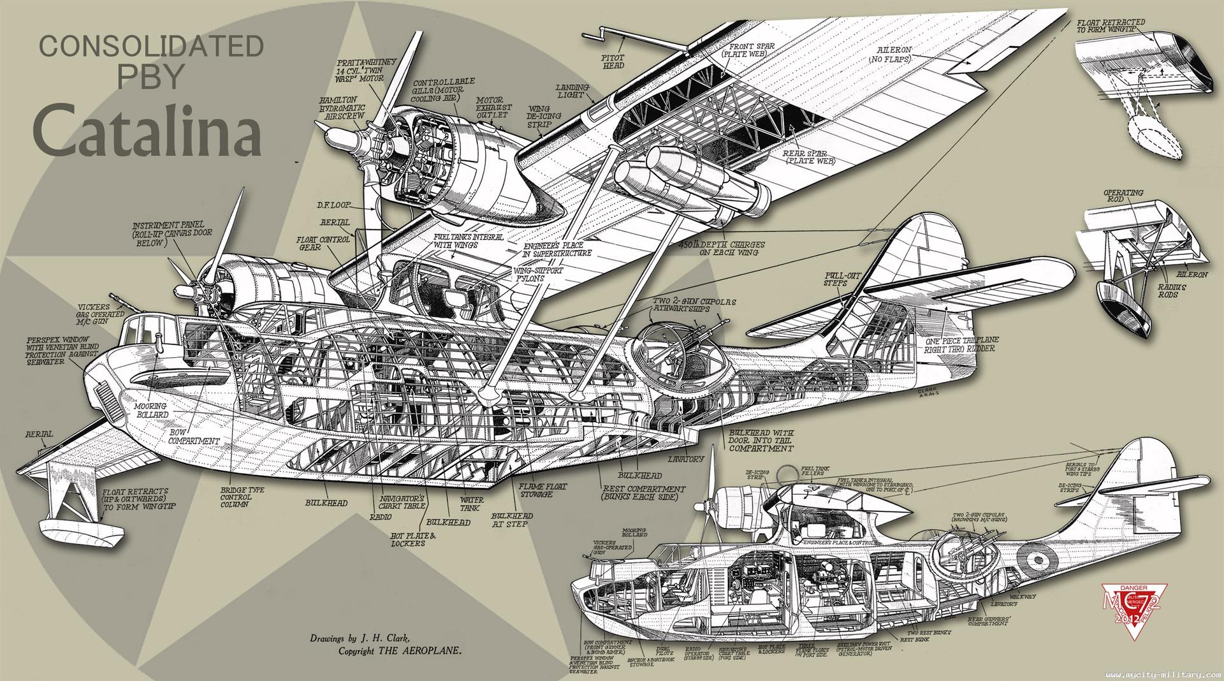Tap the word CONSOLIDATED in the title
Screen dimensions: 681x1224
152,47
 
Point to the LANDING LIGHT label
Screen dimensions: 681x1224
572,91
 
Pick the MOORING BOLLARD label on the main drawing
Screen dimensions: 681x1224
150,410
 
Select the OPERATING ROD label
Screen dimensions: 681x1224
1123,196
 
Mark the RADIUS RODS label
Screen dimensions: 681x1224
1172,291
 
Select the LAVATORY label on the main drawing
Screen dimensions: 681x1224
686,458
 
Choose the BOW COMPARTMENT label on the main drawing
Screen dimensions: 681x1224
194,436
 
